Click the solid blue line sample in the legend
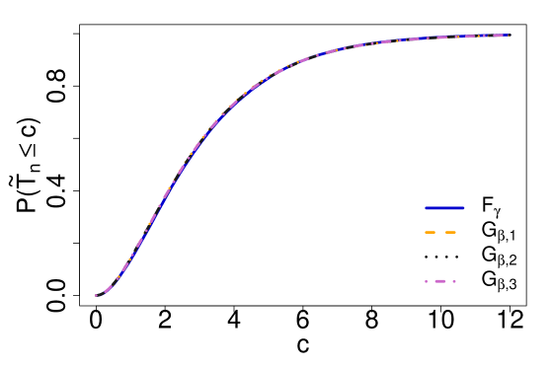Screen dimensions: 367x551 pos(444,208)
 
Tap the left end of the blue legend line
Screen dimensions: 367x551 pos(426,208)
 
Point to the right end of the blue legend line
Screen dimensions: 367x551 pos(463,208)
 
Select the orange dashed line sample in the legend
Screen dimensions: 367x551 pos(440,233)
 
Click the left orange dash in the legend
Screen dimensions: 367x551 pos(430,233)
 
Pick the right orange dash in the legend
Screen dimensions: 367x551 pos(451,233)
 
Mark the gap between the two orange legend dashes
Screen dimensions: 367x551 pos(440,233)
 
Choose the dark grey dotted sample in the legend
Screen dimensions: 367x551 pos(440,257)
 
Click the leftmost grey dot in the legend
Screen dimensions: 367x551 pos(426,257)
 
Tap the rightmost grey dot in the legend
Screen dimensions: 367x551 pos(456,257)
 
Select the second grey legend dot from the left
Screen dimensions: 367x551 pos(435,257)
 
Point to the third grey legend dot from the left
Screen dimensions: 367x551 pos(446,257)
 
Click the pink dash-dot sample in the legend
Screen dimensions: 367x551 pos(440,281)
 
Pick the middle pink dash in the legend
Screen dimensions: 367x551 pos(440,281)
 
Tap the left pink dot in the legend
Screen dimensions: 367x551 pos(426,281)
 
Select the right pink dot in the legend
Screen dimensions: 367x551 pos(454,281)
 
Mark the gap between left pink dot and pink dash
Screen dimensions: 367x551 pos(431,281)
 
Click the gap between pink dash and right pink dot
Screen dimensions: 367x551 pos(450,281)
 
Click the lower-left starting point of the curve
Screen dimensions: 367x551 pos(96,295)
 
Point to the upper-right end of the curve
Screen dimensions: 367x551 pos(509,36)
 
